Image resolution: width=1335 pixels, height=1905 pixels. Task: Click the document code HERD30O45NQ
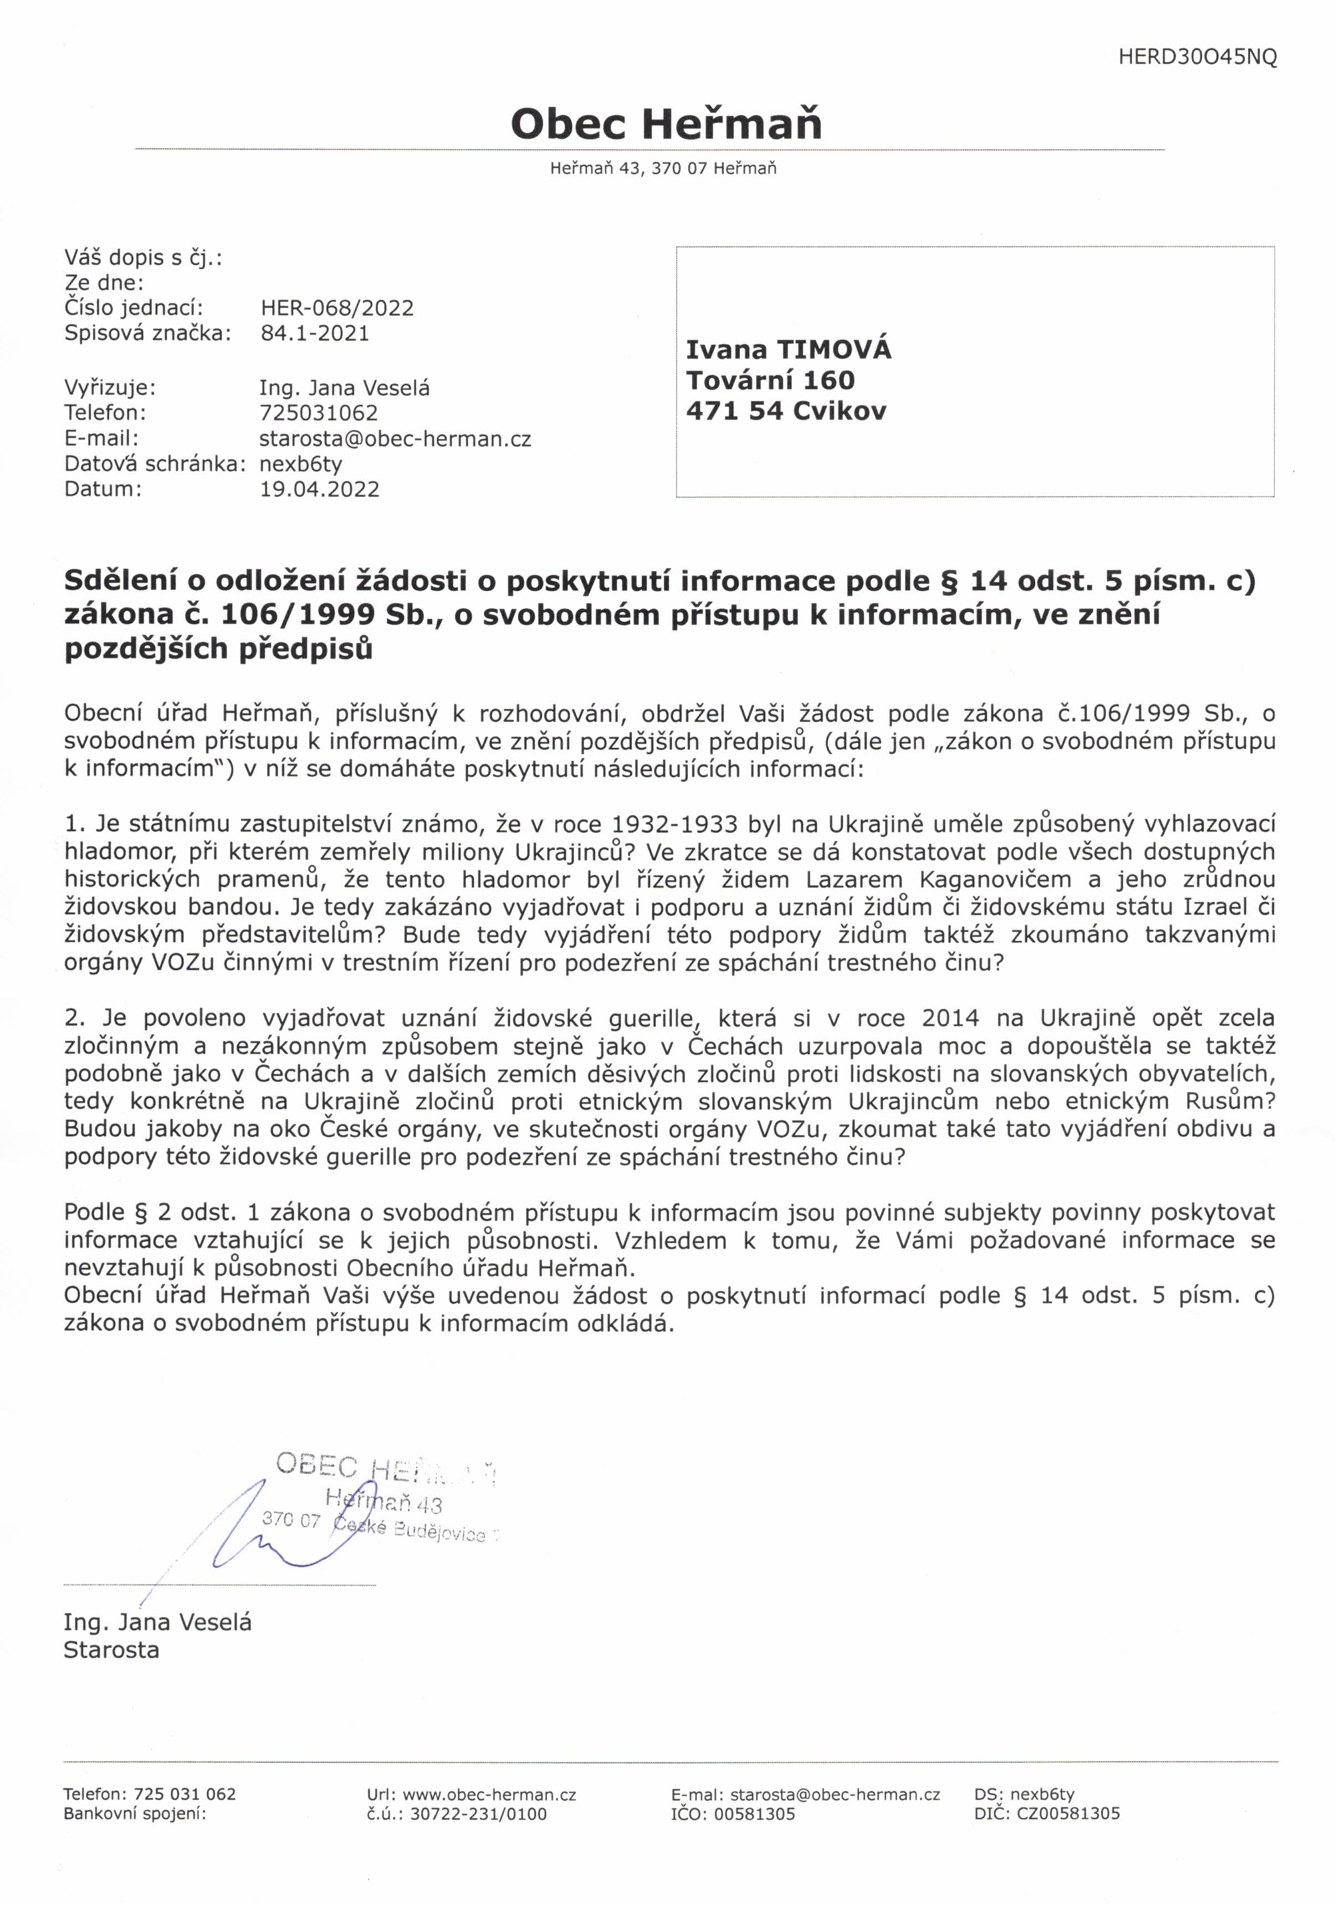point(1197,57)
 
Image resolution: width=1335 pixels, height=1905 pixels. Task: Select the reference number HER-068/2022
point(337,308)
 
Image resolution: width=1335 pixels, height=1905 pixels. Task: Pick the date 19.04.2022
point(319,489)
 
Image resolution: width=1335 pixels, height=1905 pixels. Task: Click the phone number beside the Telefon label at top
point(319,413)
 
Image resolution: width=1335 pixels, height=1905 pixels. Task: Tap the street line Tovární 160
point(770,381)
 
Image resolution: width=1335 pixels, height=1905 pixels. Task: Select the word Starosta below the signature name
point(111,1650)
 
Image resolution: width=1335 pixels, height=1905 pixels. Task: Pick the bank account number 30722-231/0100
point(479,1815)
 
